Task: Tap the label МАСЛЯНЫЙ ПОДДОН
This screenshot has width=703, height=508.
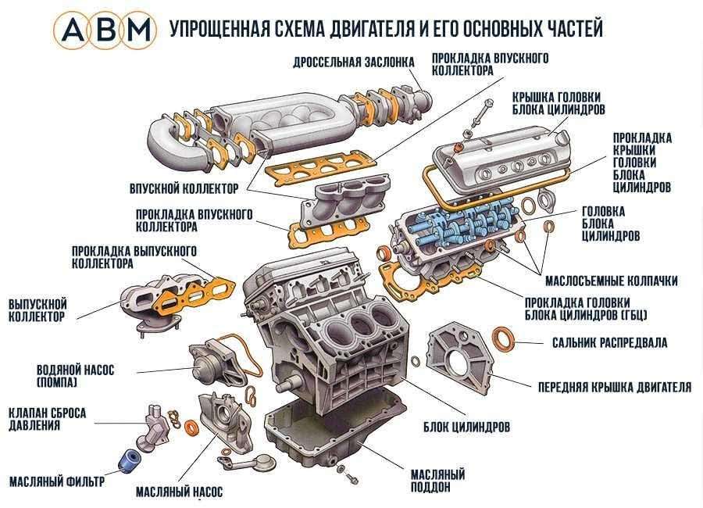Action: click(437, 481)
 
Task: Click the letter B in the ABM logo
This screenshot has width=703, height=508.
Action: click(105, 29)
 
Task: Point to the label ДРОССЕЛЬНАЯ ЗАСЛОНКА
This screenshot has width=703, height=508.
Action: click(348, 63)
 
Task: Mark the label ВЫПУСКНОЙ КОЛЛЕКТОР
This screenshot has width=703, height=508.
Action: click(37, 309)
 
